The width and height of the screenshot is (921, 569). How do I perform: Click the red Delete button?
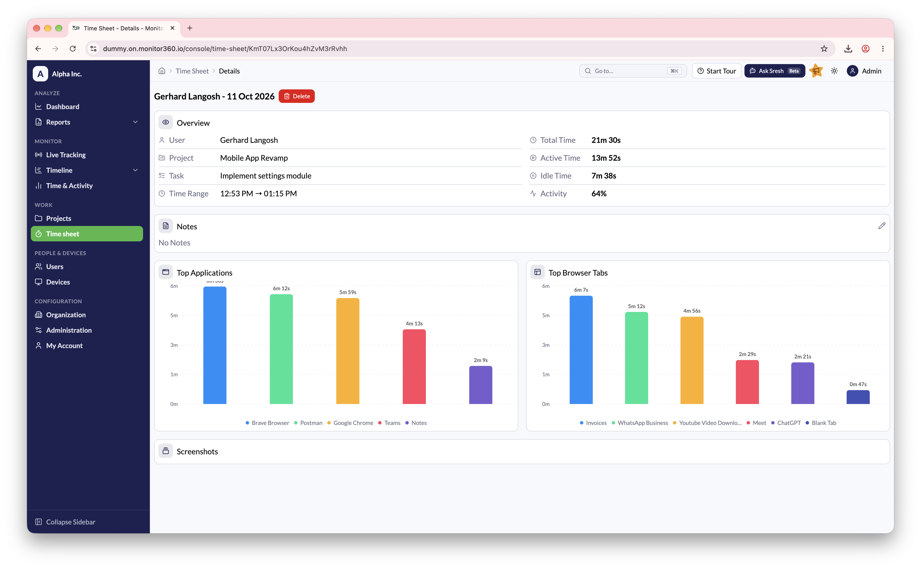click(x=296, y=96)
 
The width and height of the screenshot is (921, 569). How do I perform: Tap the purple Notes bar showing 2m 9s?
click(x=480, y=385)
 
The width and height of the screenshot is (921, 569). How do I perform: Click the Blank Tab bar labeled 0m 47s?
click(x=858, y=397)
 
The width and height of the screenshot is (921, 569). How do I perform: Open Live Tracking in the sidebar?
click(x=66, y=155)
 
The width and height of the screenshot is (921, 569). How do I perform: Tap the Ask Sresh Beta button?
click(x=774, y=71)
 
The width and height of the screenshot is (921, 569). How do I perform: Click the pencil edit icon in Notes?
click(x=882, y=226)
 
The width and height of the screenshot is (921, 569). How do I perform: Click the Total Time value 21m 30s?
click(x=606, y=140)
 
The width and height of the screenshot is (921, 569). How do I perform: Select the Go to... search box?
click(x=633, y=71)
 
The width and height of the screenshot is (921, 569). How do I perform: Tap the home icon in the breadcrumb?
click(x=162, y=71)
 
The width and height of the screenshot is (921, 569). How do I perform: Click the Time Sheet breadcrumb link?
click(x=192, y=71)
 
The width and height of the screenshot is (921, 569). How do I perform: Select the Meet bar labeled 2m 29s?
click(x=747, y=382)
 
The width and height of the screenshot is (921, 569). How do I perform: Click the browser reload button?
click(x=72, y=49)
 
